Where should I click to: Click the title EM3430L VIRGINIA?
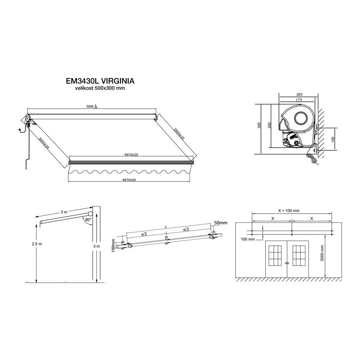click(x=100, y=81)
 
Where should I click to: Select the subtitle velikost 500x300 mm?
click(x=100, y=88)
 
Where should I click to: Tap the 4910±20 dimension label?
click(x=131, y=155)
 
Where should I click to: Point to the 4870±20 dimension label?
click(x=129, y=180)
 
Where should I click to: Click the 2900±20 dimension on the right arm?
click(x=179, y=134)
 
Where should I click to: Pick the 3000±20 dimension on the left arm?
click(x=44, y=143)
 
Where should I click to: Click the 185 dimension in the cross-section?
click(x=300, y=94)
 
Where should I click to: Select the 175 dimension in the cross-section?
click(x=299, y=100)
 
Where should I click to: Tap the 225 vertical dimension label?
click(x=259, y=125)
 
